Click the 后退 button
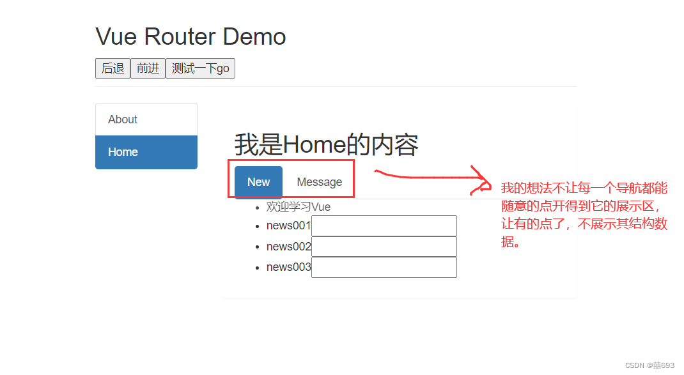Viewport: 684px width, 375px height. (113, 68)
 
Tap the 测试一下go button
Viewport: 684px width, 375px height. (200, 68)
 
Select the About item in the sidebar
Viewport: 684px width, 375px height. (123, 119)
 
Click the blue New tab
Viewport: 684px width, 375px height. (258, 182)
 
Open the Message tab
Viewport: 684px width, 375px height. (319, 182)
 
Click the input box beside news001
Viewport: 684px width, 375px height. (384, 226)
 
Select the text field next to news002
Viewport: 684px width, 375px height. (384, 247)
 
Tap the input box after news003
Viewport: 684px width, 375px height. (384, 267)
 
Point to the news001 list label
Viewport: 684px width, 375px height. (288, 226)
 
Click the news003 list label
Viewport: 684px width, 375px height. (288, 267)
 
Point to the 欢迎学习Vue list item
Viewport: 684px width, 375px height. (298, 207)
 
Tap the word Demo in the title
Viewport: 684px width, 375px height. (254, 36)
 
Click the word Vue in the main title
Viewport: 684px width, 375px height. (117, 36)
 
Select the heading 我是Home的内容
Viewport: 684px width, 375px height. (326, 145)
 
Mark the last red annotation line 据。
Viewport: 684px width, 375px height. (510, 242)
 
